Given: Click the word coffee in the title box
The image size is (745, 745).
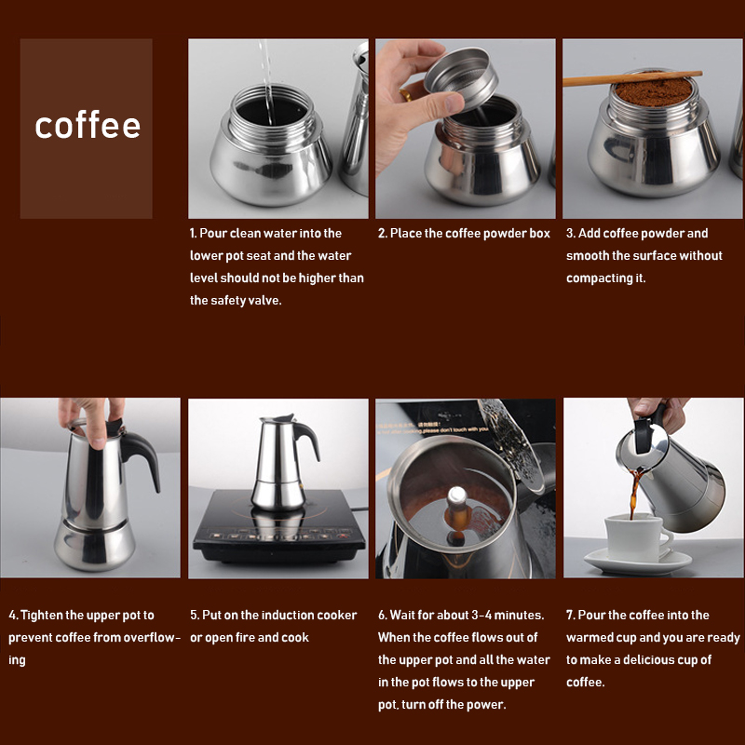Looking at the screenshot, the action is tap(88, 125).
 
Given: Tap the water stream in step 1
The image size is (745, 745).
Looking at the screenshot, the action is tap(266, 82).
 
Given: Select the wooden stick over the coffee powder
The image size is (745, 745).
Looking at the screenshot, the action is tap(632, 78).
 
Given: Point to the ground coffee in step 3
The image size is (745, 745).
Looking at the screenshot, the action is tap(655, 90).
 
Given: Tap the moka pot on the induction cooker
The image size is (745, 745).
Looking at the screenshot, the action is tap(283, 462).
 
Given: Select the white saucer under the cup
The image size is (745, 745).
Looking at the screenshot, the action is tap(638, 562).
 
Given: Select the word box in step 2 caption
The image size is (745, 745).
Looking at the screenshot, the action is tap(538, 234).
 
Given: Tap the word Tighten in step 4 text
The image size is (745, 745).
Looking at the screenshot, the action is tap(41, 616).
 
